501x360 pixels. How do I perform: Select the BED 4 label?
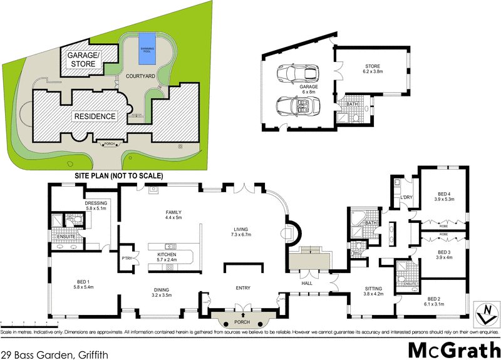443,195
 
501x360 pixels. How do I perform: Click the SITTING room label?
375,289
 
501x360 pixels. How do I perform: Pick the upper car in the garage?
296,73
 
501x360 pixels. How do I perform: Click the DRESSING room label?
96,203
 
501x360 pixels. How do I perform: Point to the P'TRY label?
127,257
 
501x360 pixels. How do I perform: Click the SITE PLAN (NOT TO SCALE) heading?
118,176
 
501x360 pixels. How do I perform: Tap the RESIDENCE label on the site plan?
95,116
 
